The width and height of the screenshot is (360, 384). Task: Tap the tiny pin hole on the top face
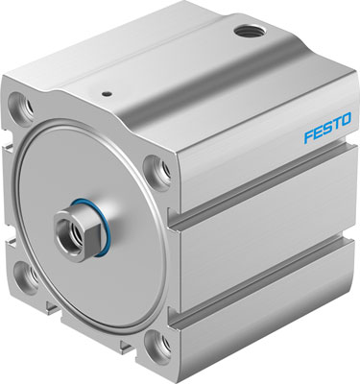tap(106, 94)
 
